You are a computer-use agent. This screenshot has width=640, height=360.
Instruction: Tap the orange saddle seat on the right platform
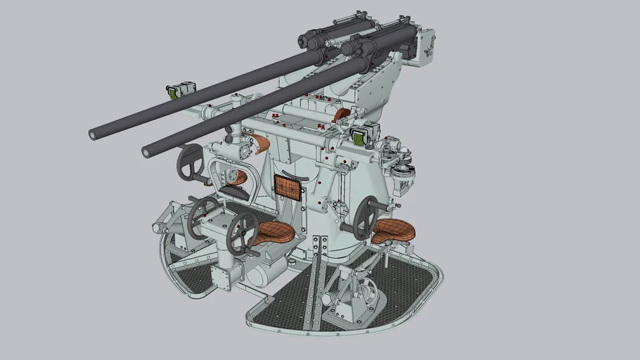point(394,229)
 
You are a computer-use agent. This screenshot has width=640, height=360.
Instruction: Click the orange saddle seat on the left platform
point(273,233)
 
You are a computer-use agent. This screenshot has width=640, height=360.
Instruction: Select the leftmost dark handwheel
point(188,162)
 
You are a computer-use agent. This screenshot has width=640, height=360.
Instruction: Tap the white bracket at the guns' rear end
point(426,46)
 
